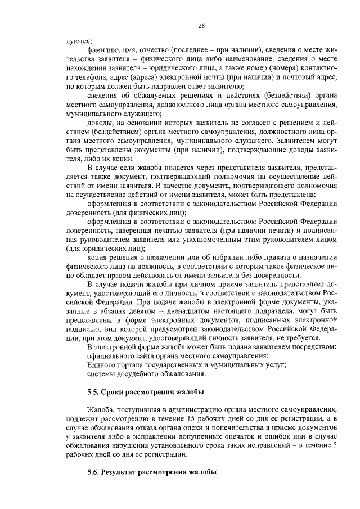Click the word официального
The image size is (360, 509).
[112, 356]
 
